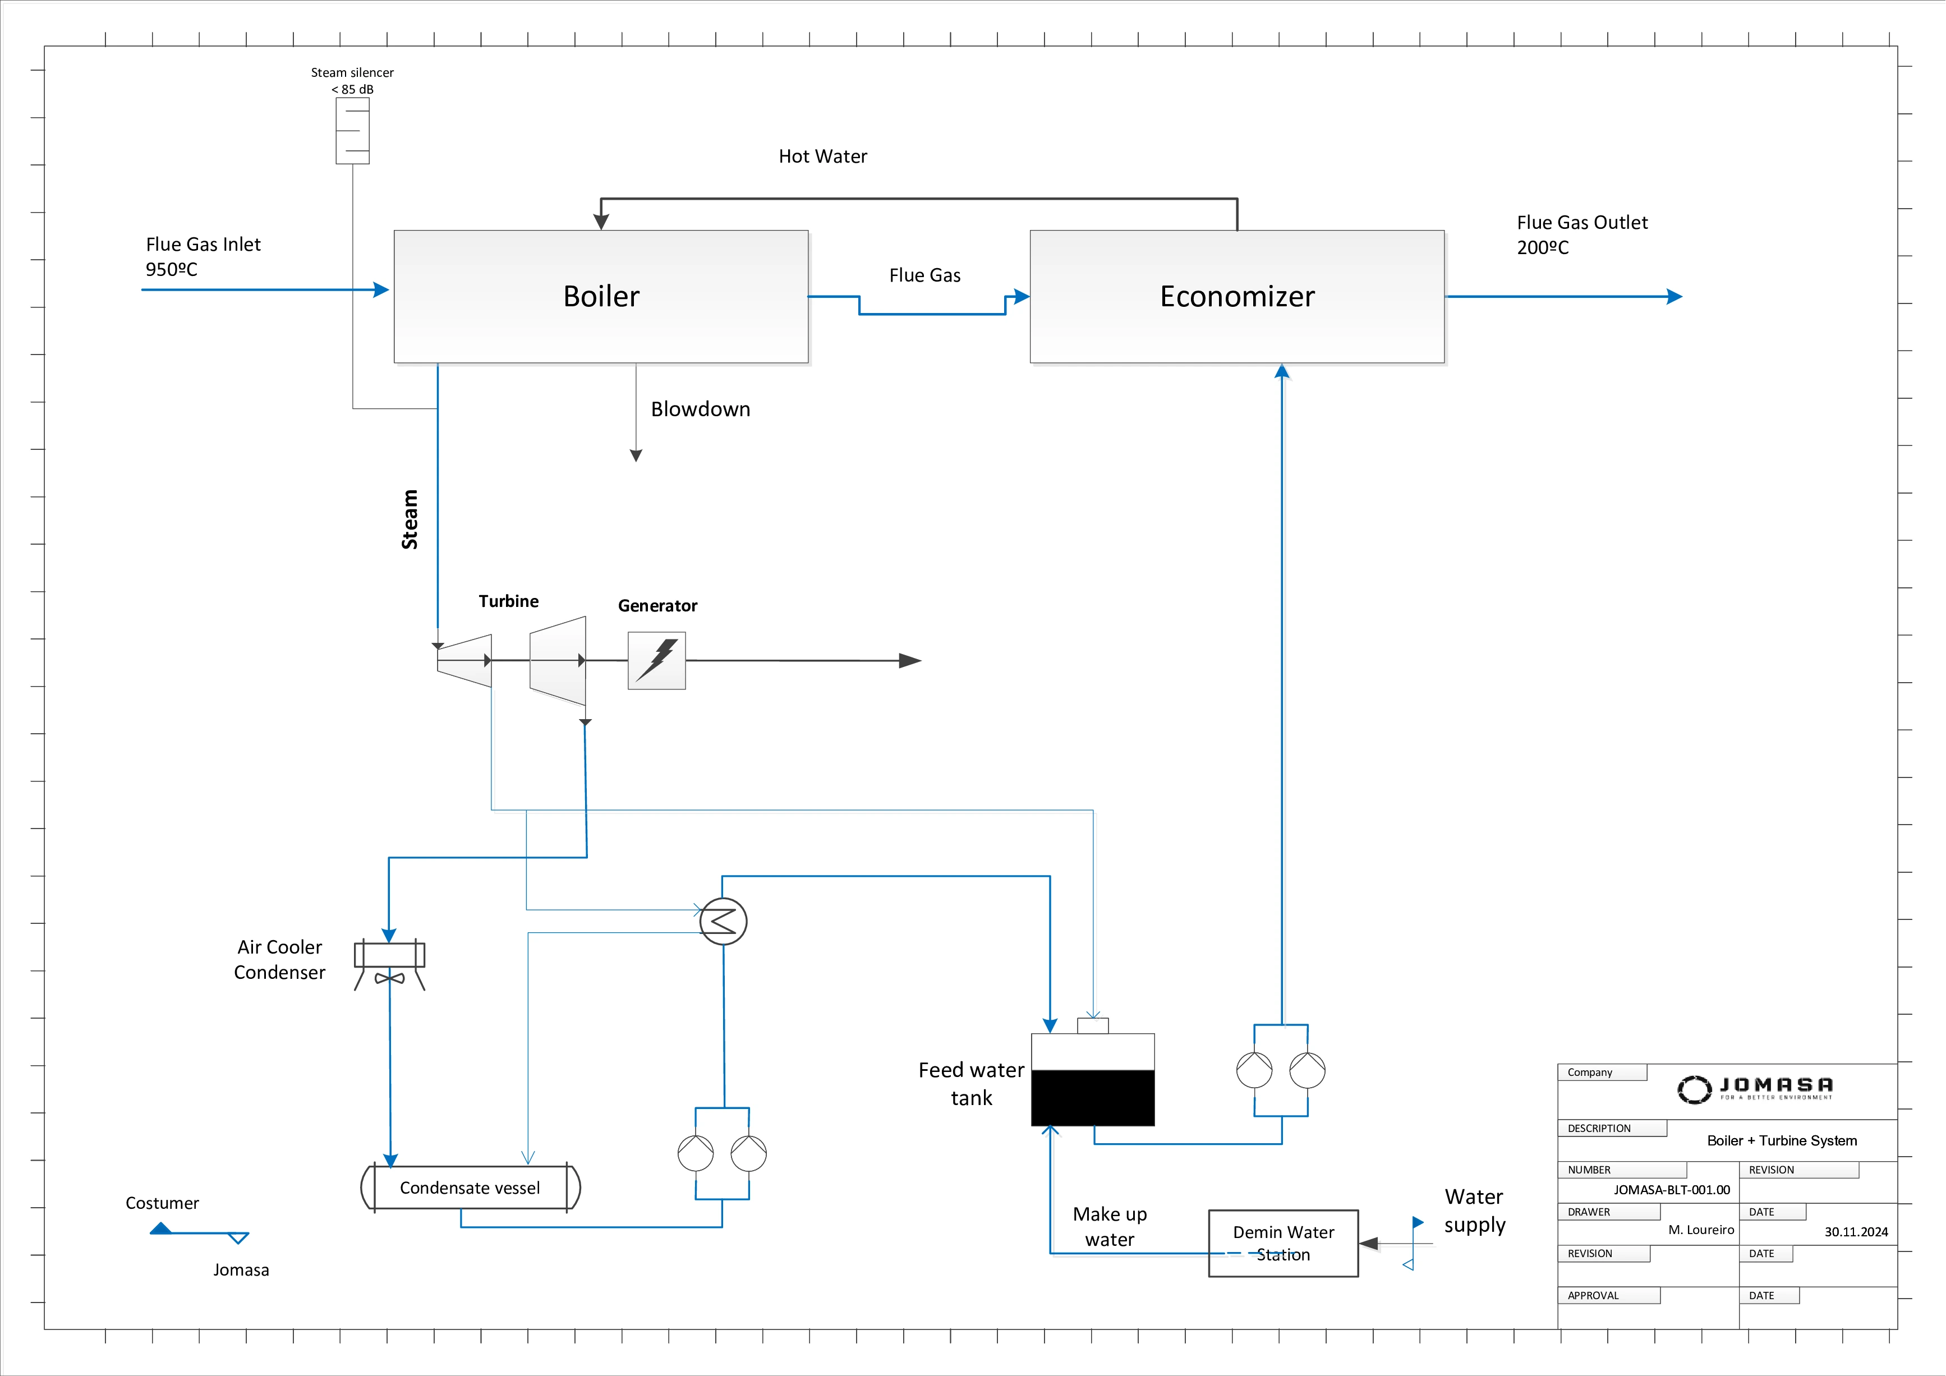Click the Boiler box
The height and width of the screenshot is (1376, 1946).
[601, 297]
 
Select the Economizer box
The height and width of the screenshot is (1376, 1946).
[1236, 297]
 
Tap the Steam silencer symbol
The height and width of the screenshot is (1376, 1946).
[353, 131]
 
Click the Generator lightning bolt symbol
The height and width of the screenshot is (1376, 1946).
[657, 660]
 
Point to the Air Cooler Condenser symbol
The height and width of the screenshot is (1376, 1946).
[389, 964]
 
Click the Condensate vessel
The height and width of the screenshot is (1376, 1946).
[471, 1188]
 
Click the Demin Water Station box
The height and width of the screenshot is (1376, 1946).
[1283, 1243]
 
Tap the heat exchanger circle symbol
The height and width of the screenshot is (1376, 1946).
[723, 921]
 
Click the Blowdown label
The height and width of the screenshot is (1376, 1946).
[700, 409]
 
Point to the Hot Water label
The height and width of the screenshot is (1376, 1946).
[822, 157]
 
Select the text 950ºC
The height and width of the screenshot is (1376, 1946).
[171, 269]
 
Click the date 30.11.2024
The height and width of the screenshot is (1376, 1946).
[1856, 1232]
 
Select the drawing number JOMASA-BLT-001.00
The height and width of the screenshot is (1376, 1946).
[1671, 1190]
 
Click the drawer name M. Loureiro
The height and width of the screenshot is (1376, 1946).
[1701, 1230]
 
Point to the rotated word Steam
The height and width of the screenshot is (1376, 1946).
[410, 519]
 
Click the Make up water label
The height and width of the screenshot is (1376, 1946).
[1110, 1227]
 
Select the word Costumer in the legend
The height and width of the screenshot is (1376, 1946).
[162, 1203]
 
